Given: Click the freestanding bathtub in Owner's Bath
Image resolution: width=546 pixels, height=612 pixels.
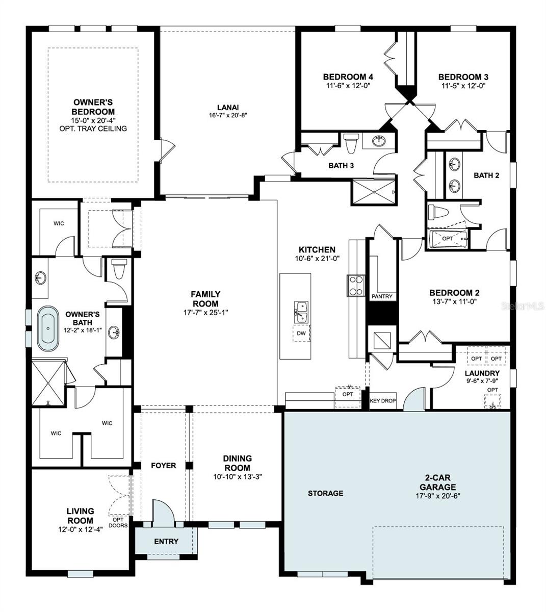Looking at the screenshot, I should coord(49,328).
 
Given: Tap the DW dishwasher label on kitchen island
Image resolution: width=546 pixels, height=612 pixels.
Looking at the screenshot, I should coord(301,333).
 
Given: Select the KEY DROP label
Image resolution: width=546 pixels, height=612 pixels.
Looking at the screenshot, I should coord(382,401).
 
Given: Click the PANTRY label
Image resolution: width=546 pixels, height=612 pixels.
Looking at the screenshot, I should coord(381,296).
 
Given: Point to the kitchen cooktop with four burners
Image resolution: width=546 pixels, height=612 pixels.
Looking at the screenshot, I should coord(355,286).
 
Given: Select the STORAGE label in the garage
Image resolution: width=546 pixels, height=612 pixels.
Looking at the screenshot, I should coord(325,493).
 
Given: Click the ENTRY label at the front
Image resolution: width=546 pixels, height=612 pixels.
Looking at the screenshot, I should coord(166,541).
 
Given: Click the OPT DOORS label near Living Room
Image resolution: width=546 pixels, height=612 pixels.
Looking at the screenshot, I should coord(118,522).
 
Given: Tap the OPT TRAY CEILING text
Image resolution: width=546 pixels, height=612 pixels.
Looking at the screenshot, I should coord(93,129).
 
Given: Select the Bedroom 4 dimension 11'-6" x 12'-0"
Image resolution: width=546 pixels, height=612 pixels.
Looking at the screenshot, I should coord(348,86).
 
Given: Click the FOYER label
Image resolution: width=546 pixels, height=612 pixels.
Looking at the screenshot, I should coord(164,466).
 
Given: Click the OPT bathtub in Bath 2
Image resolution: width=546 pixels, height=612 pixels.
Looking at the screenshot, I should coord(448,239).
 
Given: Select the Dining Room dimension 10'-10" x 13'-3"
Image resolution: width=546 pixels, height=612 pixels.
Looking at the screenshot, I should coord(238,477).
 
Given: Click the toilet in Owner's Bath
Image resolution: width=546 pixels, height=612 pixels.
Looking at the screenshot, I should coord(118,269).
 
